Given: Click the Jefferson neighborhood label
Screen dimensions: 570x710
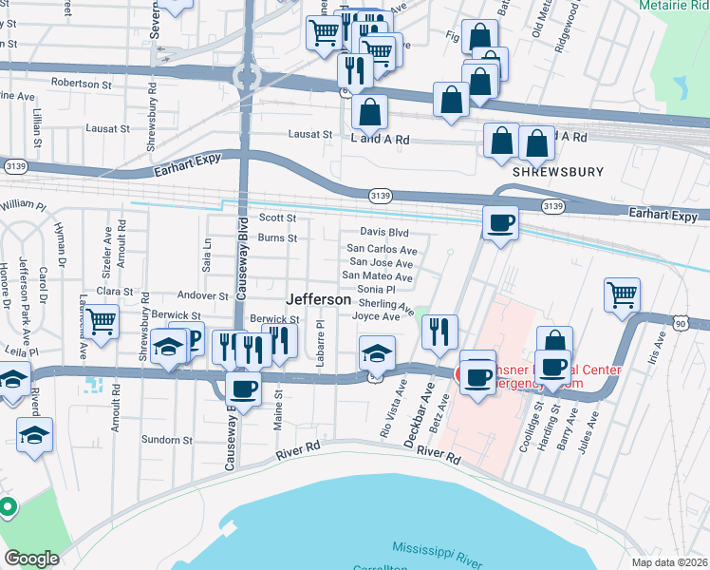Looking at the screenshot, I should click(318, 298).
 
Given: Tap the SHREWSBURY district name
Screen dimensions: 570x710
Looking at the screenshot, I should click(551, 175).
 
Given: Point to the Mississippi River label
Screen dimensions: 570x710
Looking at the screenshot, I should click(436, 549).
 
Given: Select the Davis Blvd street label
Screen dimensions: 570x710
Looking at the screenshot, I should click(383, 232).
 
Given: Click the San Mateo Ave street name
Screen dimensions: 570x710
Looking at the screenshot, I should click(377, 276).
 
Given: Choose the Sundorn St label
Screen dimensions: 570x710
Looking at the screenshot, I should click(167, 440).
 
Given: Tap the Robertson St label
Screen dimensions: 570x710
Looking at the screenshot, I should click(83, 84).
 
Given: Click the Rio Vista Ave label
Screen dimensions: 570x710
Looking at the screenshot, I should click(387, 409).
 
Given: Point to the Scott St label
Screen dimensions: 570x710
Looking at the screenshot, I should click(278, 218).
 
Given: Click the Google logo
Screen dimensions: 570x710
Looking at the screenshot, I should click(31, 559).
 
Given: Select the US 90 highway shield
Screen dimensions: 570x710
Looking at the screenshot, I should click(680, 324).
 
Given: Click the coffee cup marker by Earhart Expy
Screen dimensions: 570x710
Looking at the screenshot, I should click(500, 222).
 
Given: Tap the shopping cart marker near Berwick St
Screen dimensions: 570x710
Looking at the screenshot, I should click(100, 320).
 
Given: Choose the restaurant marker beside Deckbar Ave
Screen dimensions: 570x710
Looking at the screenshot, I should click(439, 332).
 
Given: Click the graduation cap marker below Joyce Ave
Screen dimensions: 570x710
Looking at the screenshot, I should click(377, 352).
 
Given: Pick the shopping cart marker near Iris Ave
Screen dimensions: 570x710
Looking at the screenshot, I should click(622, 294).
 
